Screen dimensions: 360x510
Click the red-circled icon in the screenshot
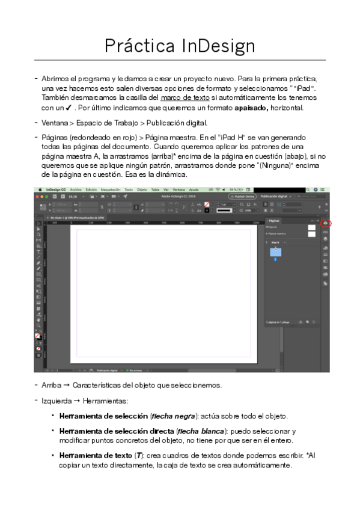tap(326, 224)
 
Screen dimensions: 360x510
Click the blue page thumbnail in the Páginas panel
tap(275, 252)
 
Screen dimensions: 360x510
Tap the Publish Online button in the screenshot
tap(242, 196)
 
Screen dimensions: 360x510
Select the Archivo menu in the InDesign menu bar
tap(76, 189)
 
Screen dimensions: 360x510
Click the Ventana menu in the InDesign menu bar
tap(178, 189)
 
